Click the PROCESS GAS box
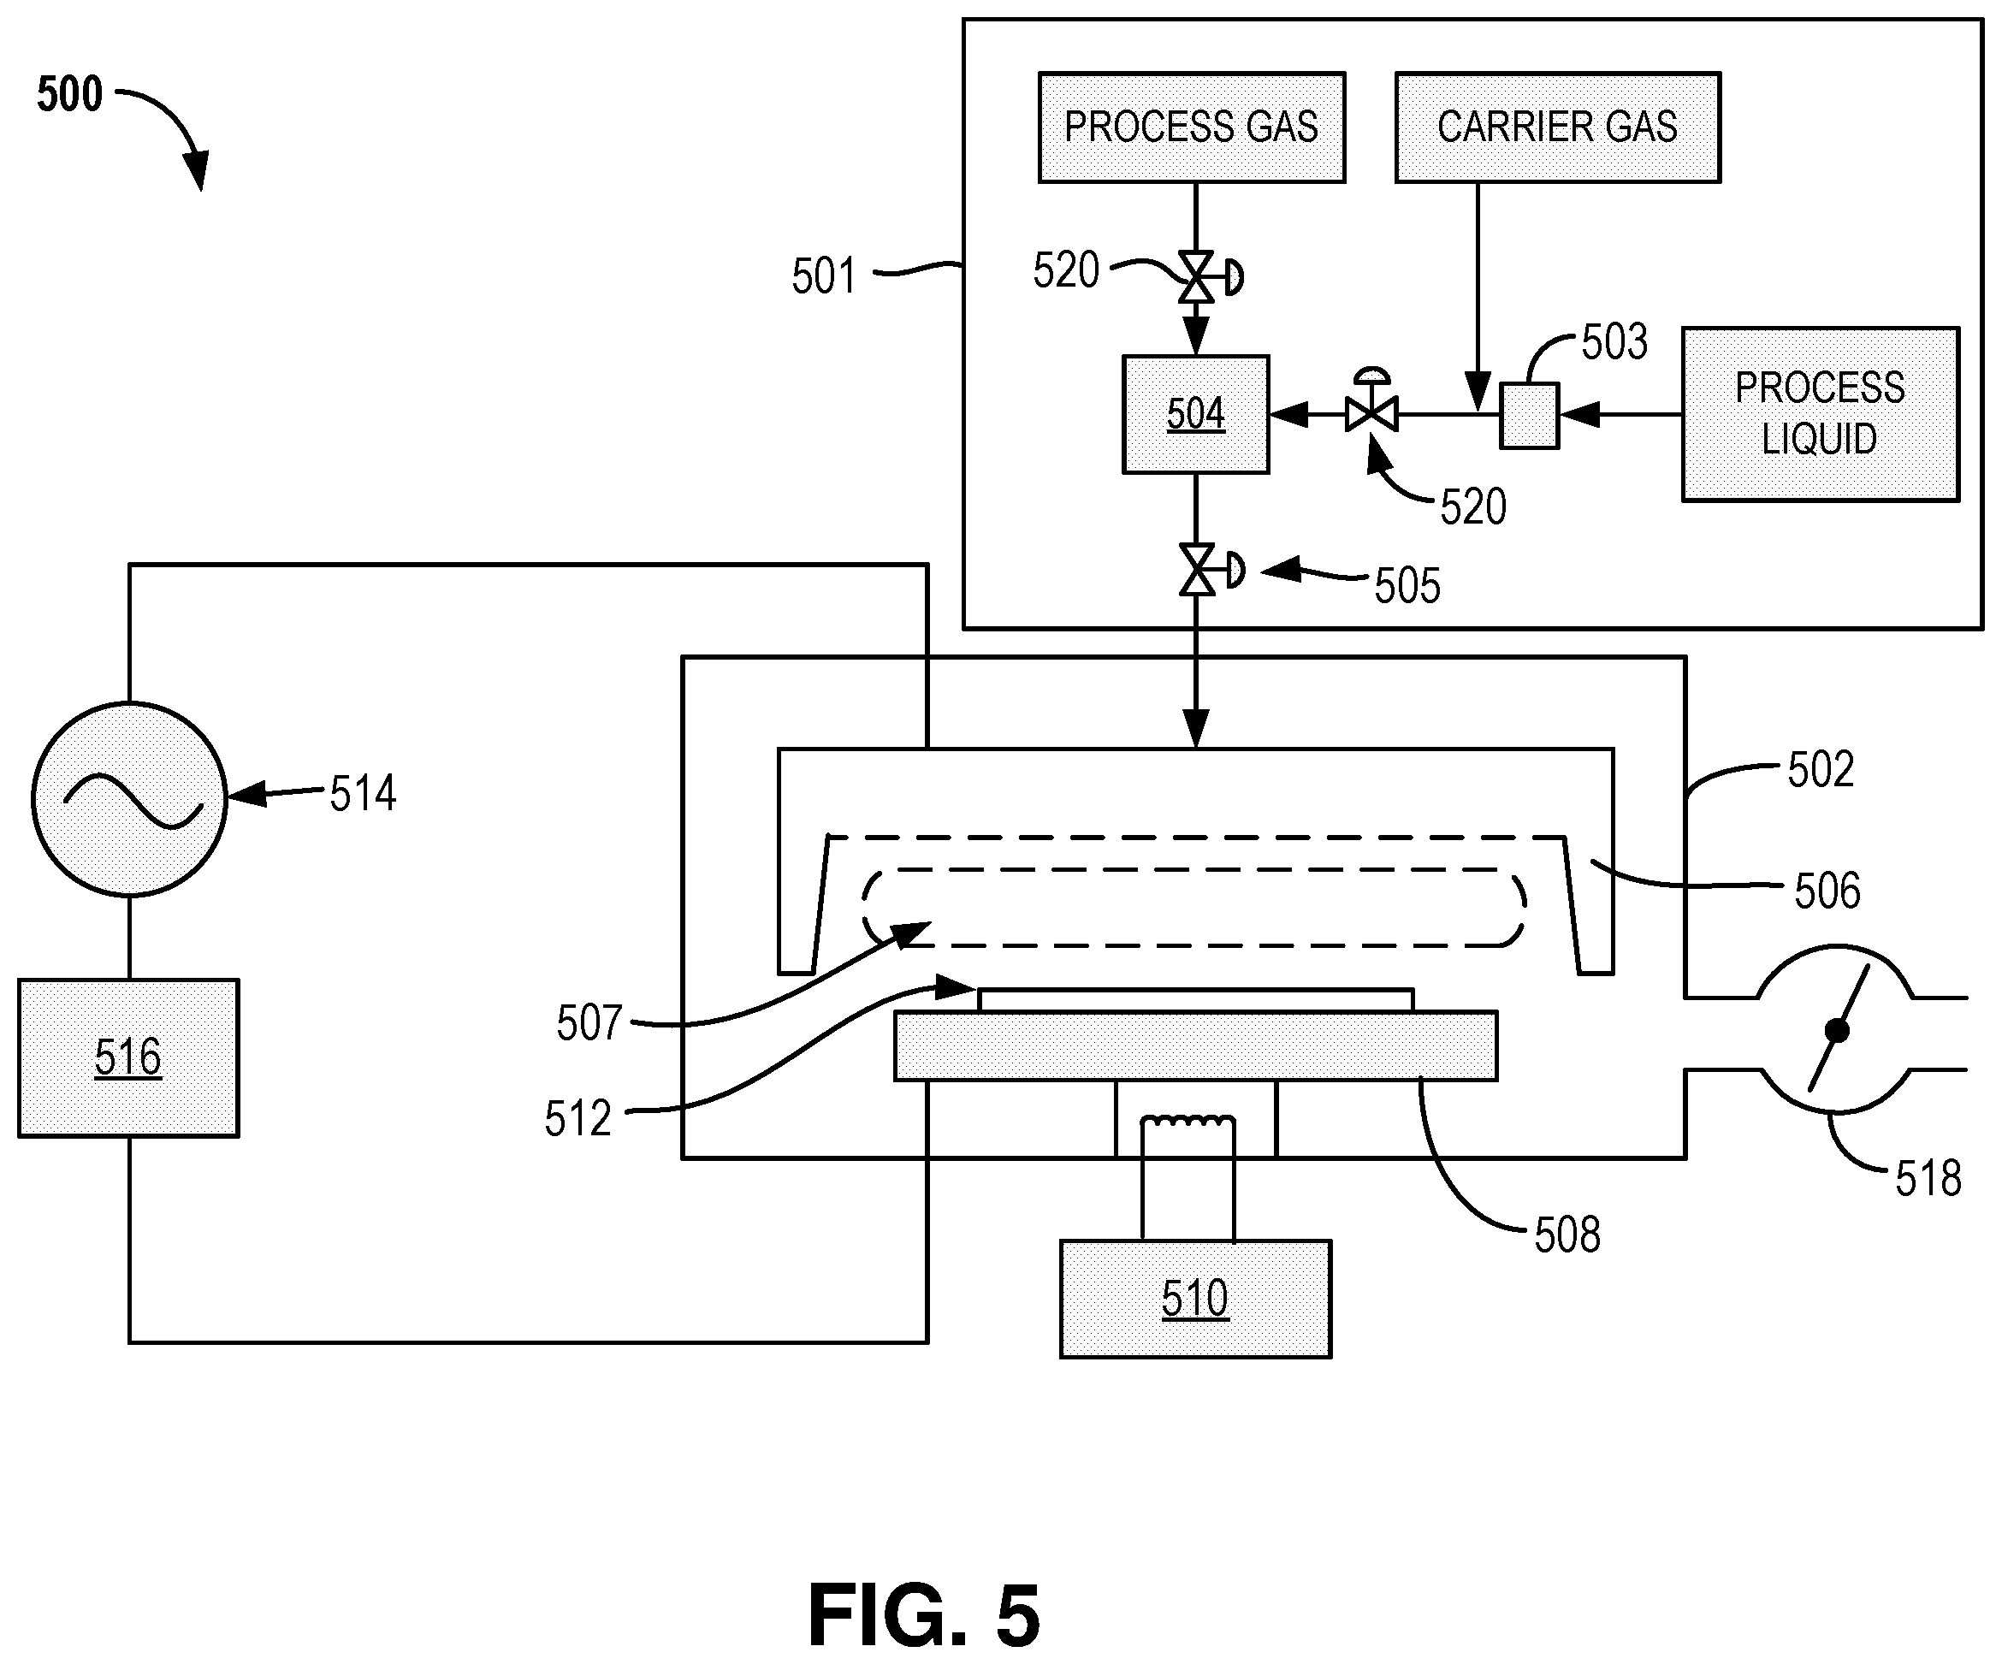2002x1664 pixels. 1192,127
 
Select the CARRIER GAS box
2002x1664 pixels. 1558,127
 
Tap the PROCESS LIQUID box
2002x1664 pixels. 1820,413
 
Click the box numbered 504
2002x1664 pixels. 1195,413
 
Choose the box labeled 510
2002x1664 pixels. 1195,1298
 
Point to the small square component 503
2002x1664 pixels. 1529,415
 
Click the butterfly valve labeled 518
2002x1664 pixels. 1835,1029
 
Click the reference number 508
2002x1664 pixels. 1567,1235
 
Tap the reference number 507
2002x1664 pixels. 589,1023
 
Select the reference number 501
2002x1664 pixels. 825,276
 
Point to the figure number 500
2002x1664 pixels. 69,94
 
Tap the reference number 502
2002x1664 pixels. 1821,770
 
